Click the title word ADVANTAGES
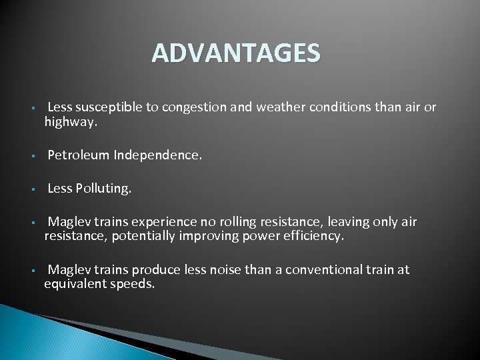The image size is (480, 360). (x=235, y=53)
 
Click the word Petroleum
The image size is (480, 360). (x=78, y=155)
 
